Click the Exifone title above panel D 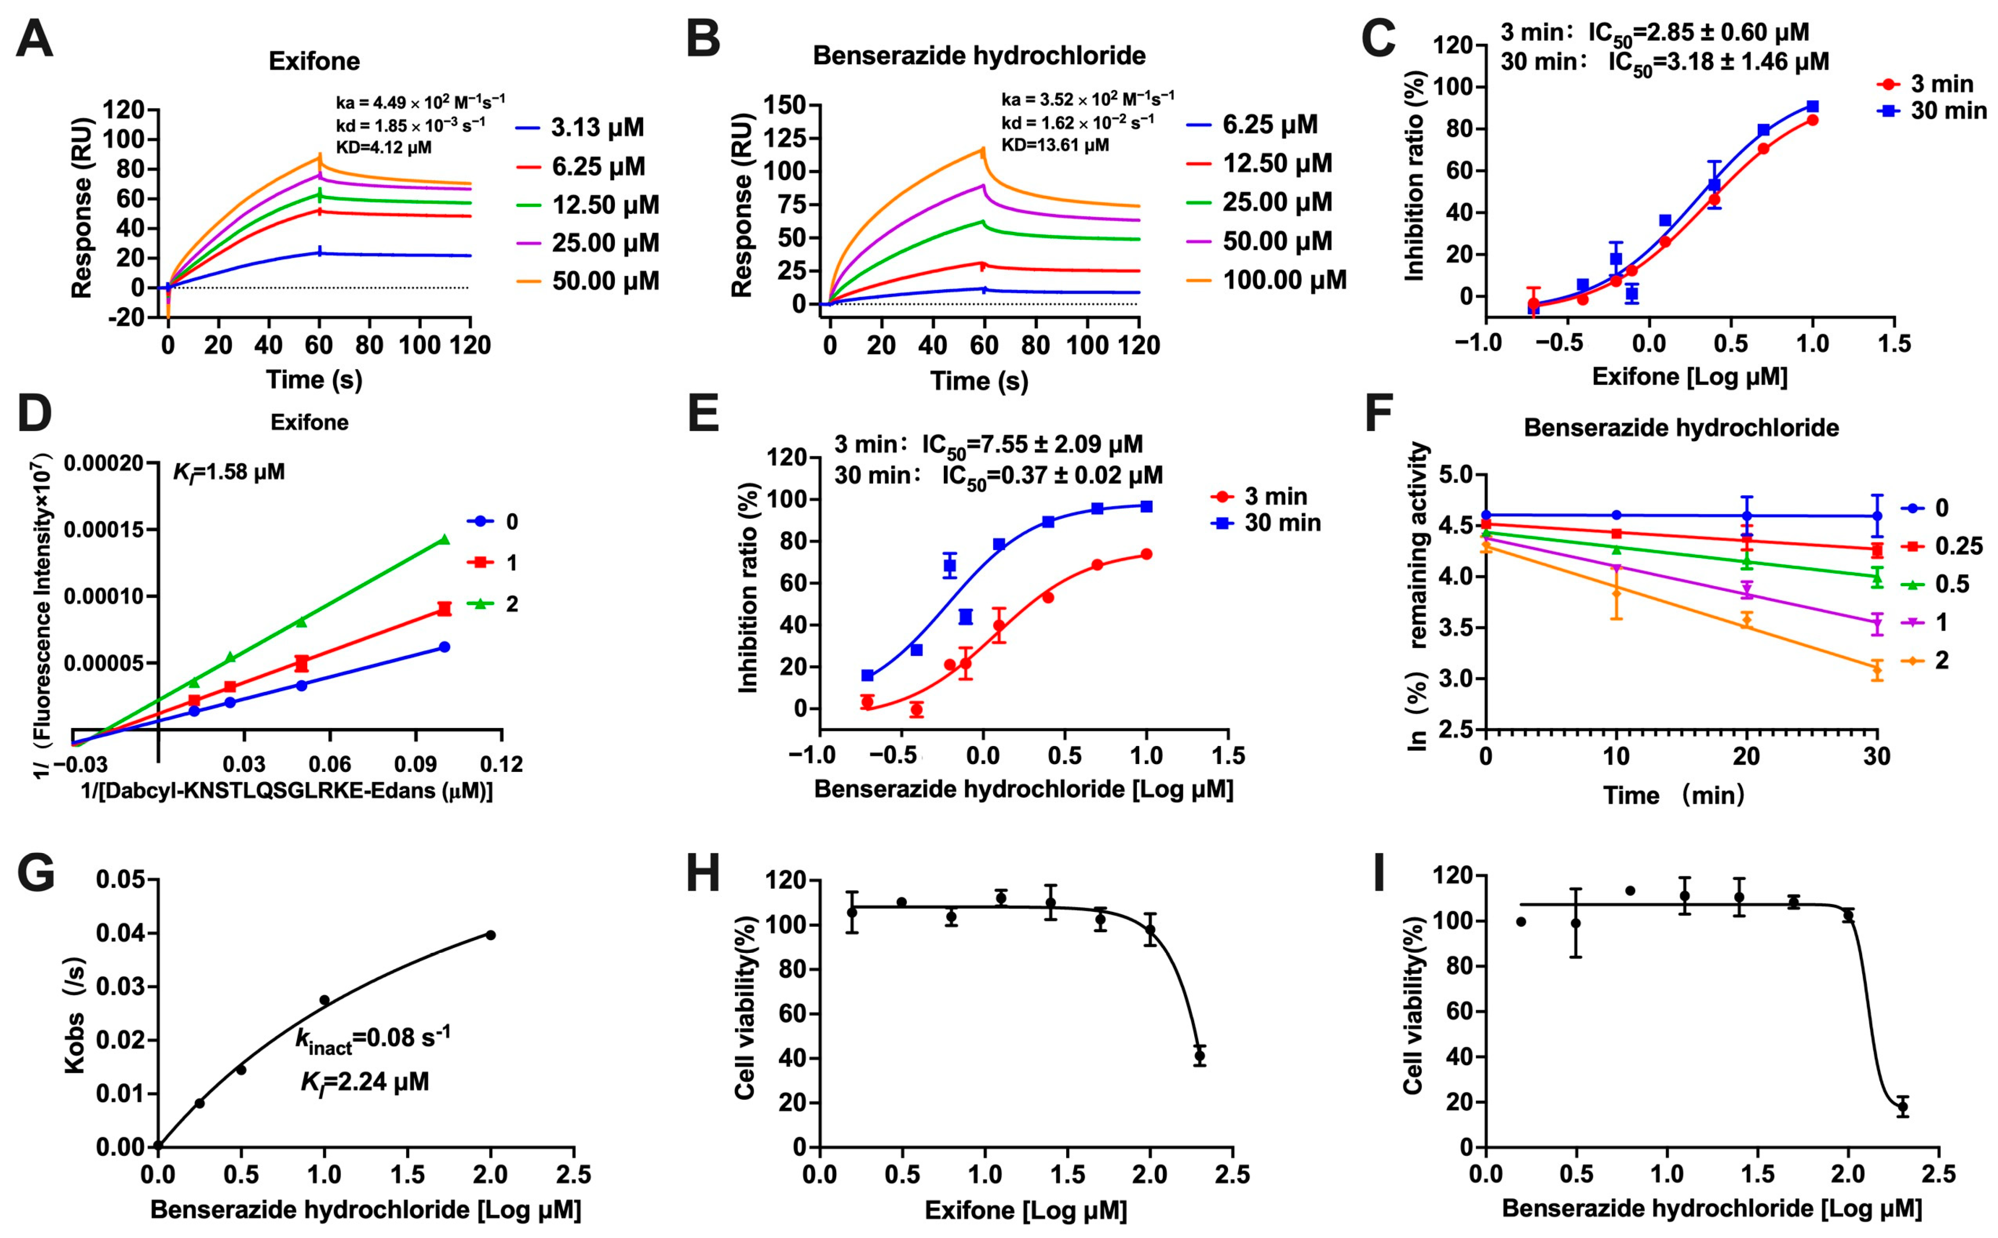tap(310, 423)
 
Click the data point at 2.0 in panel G tap(491, 935)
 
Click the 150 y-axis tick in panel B tap(784, 105)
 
